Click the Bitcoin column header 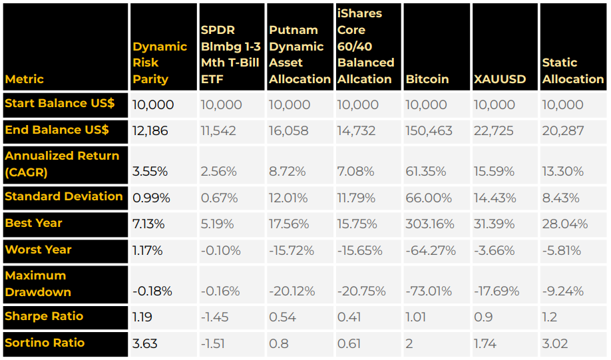pyautogui.click(x=427, y=79)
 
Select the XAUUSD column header pyautogui.click(x=500, y=79)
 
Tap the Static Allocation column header pyautogui.click(x=572, y=71)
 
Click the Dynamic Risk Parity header pyautogui.click(x=160, y=63)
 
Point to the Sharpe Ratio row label pyautogui.click(x=44, y=316)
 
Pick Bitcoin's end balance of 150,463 pyautogui.click(x=430, y=131)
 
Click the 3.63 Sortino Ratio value pyautogui.click(x=145, y=343)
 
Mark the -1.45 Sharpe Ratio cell pyautogui.click(x=214, y=317)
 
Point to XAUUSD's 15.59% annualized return pyautogui.click(x=494, y=172)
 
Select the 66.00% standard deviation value pyautogui.click(x=429, y=198)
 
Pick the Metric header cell pyautogui.click(x=25, y=79)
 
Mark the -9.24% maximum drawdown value pyautogui.click(x=563, y=291)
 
